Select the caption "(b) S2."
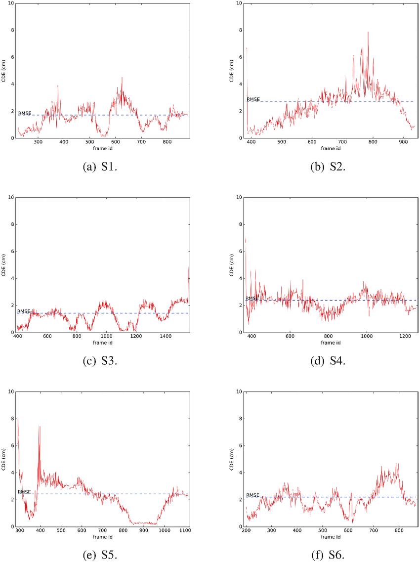[x=332, y=167]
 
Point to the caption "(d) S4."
[x=332, y=361]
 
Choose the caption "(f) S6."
[x=332, y=555]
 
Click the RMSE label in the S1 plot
[x=25, y=113]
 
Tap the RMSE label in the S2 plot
[x=253, y=99]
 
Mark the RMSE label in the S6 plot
[x=253, y=495]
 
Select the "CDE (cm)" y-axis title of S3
[x=4, y=264]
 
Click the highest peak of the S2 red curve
[x=368, y=32]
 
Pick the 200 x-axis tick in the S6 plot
[x=246, y=531]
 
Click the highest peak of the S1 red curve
[x=122, y=78]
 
